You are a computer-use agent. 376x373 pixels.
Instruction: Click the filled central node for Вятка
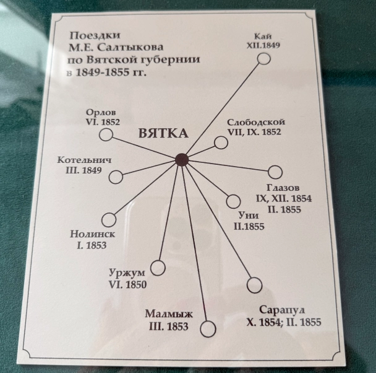pyautogui.click(x=182, y=160)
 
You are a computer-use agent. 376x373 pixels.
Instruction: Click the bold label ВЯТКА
pyautogui.click(x=163, y=133)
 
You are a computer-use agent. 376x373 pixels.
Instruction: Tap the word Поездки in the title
pyautogui.click(x=95, y=36)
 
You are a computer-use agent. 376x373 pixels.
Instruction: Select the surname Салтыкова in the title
pyautogui.click(x=130, y=47)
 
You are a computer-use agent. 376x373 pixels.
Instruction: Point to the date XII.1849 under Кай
pyautogui.click(x=263, y=45)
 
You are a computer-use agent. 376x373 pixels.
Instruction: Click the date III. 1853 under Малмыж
pyautogui.click(x=169, y=326)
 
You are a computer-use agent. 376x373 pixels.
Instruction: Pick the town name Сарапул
pyautogui.click(x=282, y=310)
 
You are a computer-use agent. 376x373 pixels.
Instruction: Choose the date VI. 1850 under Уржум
pyautogui.click(x=127, y=284)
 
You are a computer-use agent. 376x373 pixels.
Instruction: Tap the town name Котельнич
pyautogui.click(x=84, y=160)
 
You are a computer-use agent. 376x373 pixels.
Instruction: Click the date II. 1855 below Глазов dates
pyautogui.click(x=284, y=209)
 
